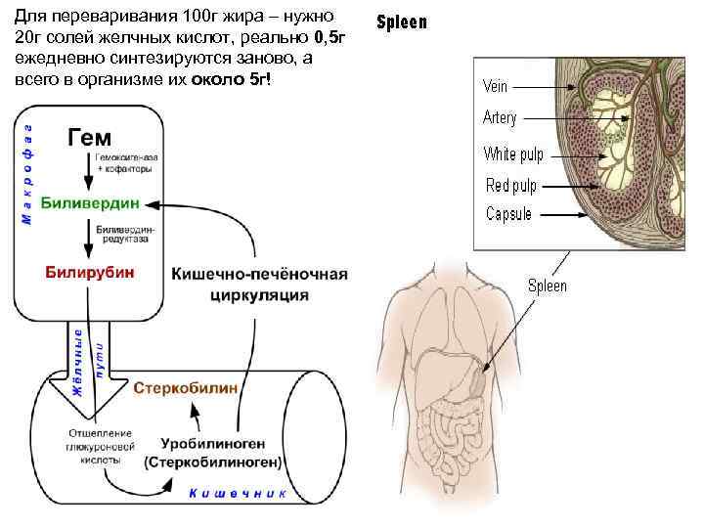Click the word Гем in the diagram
click(x=89, y=137)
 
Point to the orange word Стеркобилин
click(x=186, y=388)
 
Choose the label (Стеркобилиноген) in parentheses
click(x=212, y=461)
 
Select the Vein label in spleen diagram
click(x=496, y=86)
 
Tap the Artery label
click(x=500, y=117)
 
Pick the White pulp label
click(x=513, y=154)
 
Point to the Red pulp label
click(x=510, y=185)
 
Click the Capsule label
click(x=508, y=214)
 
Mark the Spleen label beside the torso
click(x=548, y=286)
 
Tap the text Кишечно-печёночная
click(x=259, y=274)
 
